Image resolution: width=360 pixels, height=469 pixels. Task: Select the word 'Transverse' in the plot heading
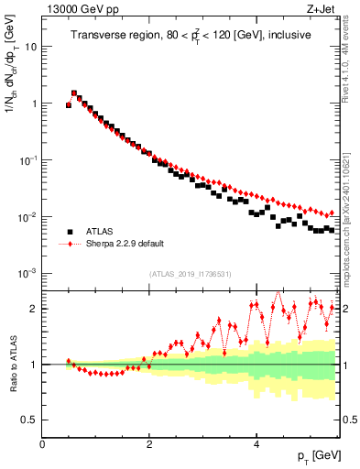(x=99, y=36)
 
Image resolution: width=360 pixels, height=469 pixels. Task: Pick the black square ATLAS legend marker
(x=69, y=232)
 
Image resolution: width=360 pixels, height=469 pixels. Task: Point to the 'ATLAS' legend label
(x=100, y=232)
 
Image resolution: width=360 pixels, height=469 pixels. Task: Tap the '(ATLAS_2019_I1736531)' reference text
(x=191, y=274)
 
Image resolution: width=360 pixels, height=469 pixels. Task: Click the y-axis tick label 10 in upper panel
(x=30, y=46)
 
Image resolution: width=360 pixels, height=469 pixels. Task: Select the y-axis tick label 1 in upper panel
(x=33, y=104)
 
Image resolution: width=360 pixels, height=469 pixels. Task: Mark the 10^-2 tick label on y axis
(x=27, y=217)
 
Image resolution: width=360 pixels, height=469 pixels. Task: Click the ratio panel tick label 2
(x=33, y=309)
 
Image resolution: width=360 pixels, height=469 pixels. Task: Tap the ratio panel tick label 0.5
(x=29, y=420)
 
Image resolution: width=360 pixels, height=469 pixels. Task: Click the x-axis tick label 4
(x=256, y=443)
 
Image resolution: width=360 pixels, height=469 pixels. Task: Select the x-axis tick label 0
(x=42, y=443)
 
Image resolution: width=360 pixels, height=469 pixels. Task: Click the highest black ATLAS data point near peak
(x=74, y=93)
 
